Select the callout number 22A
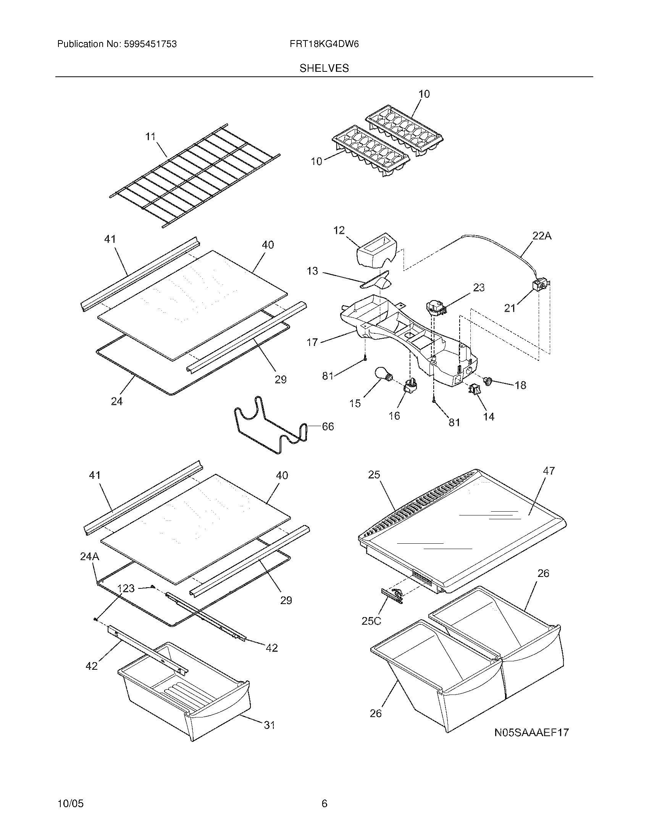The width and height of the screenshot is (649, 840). pyautogui.click(x=542, y=236)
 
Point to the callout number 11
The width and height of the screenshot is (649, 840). pyautogui.click(x=150, y=137)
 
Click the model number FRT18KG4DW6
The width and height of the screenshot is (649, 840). pyautogui.click(x=324, y=44)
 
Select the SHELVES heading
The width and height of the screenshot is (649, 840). pyautogui.click(x=324, y=68)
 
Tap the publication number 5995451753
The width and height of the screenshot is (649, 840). pyautogui.click(x=150, y=44)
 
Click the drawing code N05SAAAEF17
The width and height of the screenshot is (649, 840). pyautogui.click(x=531, y=732)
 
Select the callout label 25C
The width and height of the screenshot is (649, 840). pyautogui.click(x=371, y=632)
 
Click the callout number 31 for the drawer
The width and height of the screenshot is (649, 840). pyautogui.click(x=269, y=725)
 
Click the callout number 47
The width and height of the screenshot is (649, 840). pyautogui.click(x=549, y=471)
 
